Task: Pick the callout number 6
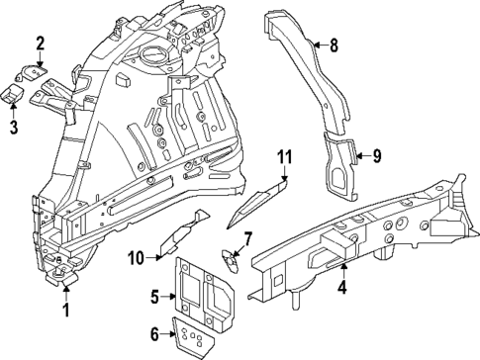tap(154, 334)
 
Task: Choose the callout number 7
tap(249, 237)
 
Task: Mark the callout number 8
tap(333, 44)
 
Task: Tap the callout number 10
tap(137, 258)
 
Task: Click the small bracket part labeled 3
tap(13, 94)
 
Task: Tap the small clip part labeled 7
tap(229, 260)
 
